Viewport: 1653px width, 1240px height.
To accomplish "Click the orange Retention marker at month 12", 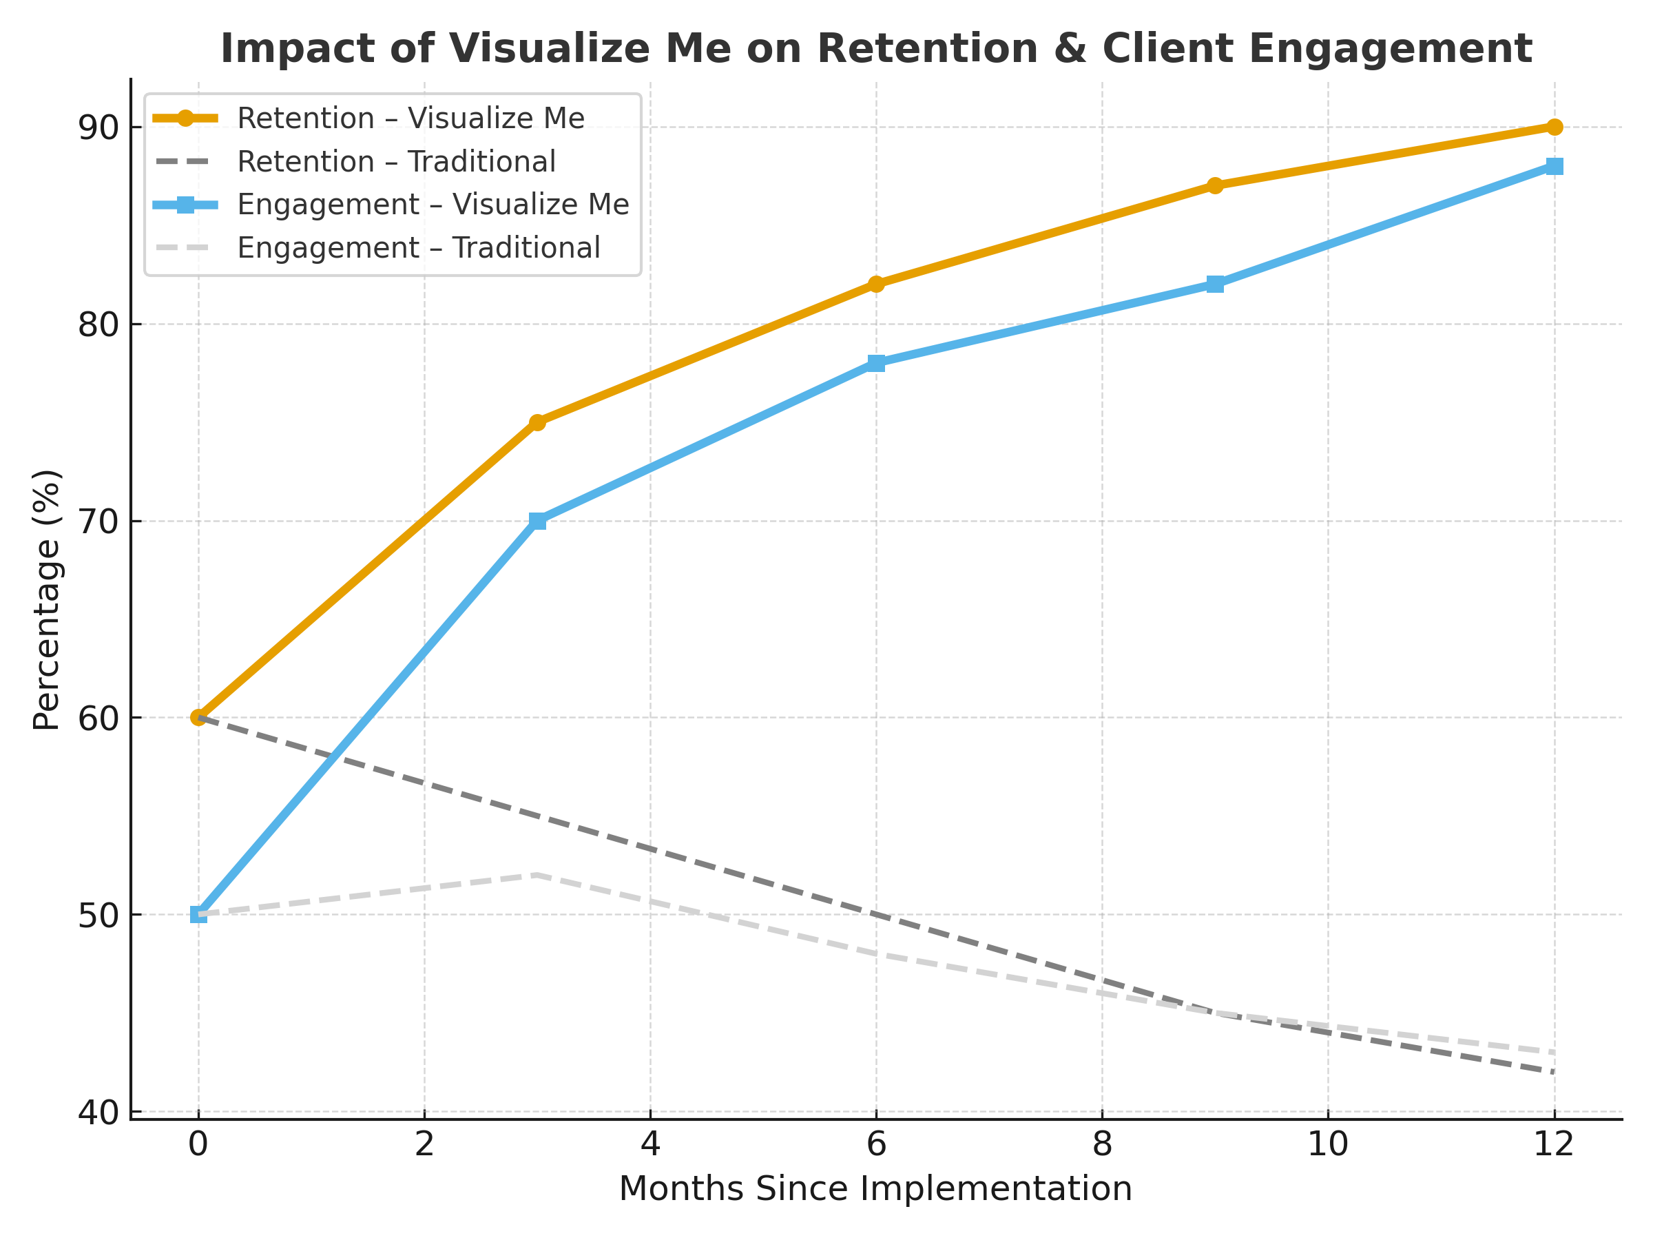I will click(1555, 127).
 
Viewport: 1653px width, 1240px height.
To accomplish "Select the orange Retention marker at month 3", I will click(537, 422).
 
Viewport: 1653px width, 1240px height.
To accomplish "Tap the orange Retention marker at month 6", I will click(876, 284).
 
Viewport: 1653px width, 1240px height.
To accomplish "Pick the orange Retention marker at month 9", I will click(1215, 185).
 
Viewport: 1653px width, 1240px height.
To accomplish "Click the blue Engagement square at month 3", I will click(537, 521).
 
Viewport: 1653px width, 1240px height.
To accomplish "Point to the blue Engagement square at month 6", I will click(876, 363).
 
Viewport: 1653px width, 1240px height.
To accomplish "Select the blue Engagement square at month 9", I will click(1215, 284).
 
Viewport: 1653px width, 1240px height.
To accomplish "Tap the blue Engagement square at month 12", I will click(1555, 166).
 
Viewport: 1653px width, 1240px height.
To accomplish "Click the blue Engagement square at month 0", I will click(198, 914).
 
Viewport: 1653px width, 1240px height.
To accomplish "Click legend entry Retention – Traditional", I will click(396, 161).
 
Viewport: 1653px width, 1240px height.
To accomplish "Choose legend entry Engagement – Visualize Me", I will click(433, 204).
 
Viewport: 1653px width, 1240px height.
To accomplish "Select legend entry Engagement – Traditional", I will click(419, 247).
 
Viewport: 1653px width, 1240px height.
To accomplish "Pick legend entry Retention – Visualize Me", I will click(410, 118).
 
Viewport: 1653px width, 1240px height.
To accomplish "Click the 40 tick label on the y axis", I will click(98, 1113).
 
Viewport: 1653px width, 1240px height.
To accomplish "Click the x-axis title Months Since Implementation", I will click(875, 1189).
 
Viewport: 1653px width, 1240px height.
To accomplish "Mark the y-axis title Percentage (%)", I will click(46, 599).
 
